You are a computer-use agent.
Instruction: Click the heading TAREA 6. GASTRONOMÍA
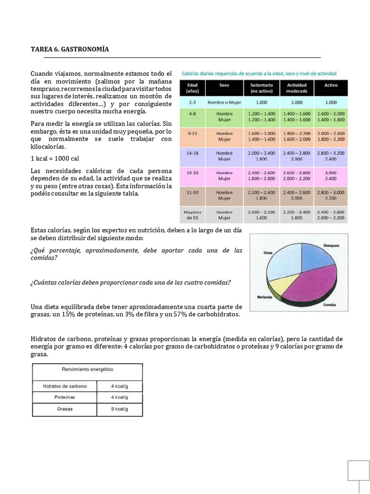pyautogui.click(x=70, y=49)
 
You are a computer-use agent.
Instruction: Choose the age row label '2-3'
pyautogui.click(x=193, y=102)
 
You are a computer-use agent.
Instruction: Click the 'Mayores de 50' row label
pyautogui.click(x=193, y=215)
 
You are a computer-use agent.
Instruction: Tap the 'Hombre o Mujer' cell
pyautogui.click(x=224, y=102)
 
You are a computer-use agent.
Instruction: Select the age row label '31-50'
pyautogui.click(x=193, y=194)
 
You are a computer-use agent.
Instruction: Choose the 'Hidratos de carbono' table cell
pyautogui.click(x=65, y=385)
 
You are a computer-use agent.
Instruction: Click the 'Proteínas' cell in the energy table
pyautogui.click(x=65, y=397)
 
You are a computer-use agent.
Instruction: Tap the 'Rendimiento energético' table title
pyautogui.click(x=87, y=369)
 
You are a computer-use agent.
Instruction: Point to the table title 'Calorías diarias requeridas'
pyautogui.click(x=259, y=73)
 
